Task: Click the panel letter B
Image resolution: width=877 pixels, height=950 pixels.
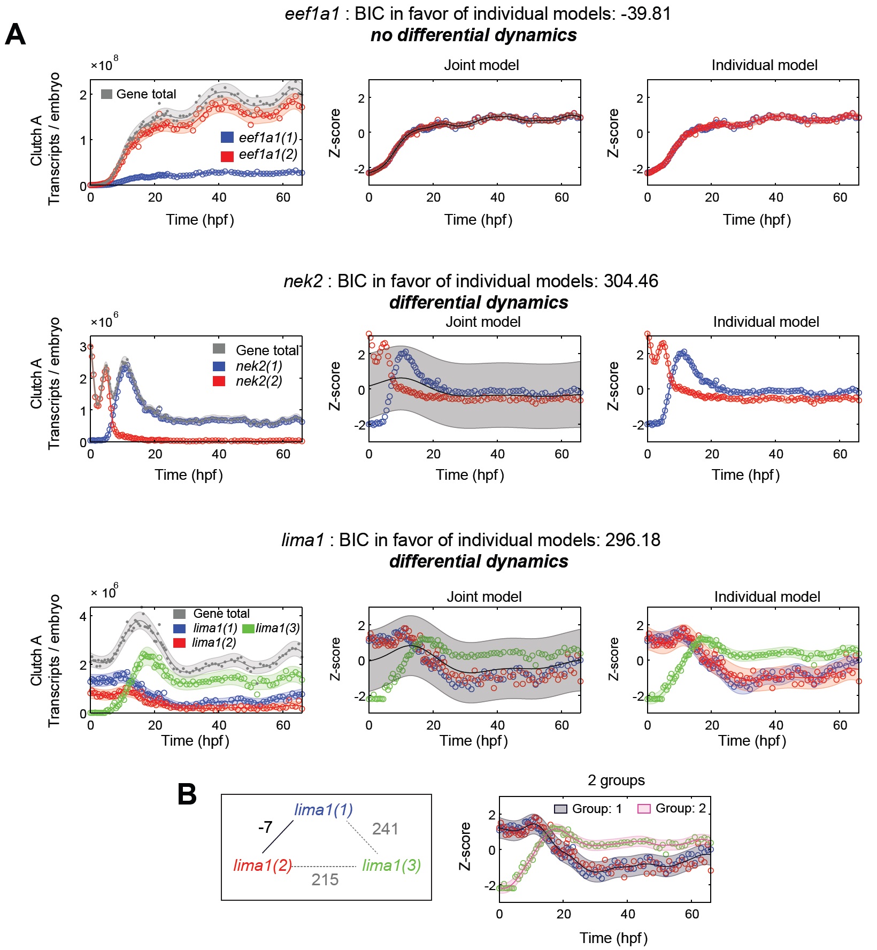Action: [x=187, y=794]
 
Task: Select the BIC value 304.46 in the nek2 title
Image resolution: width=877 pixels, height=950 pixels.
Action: [x=630, y=281]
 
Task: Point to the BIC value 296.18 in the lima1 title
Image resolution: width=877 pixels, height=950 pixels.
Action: [x=633, y=540]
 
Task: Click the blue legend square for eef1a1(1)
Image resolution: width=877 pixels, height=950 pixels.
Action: [x=227, y=137]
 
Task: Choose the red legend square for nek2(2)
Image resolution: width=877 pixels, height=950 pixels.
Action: [x=219, y=381]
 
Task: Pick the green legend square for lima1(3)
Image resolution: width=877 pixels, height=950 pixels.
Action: [x=248, y=629]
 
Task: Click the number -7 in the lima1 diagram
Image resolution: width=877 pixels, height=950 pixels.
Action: [x=265, y=828]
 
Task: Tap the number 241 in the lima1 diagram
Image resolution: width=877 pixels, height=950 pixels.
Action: [x=385, y=829]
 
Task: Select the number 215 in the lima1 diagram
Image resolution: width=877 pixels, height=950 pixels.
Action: [x=325, y=879]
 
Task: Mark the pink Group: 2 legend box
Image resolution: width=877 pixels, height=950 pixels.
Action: [x=644, y=809]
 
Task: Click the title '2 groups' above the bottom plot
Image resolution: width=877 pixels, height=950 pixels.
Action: [x=616, y=780]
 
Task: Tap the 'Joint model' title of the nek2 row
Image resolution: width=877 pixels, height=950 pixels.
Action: [x=483, y=322]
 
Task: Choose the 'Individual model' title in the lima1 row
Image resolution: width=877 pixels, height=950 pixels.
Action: [x=767, y=597]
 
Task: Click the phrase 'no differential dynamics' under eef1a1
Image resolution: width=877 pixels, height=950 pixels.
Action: [x=473, y=35]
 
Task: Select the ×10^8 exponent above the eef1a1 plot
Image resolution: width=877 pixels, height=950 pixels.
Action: [x=105, y=64]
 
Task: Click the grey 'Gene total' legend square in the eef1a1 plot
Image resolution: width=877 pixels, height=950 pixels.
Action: [x=106, y=94]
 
